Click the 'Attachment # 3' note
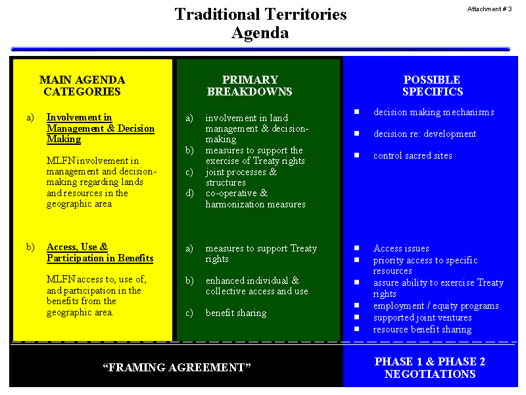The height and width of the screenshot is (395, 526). tap(489, 9)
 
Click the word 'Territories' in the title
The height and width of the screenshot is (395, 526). tap(306, 14)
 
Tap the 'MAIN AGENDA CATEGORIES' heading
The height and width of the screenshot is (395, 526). tap(82, 86)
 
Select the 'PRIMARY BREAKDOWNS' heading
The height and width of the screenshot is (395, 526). tap(250, 86)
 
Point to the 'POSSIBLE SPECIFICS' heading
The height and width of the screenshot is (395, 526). tap(433, 86)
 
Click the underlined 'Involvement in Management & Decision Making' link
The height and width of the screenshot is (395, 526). tap(101, 128)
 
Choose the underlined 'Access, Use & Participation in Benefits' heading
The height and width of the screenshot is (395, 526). tap(100, 253)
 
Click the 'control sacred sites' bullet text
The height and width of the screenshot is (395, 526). tap(413, 155)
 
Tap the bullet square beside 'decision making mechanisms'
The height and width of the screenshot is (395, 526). tap(356, 111)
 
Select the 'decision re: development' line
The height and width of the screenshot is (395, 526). tap(425, 134)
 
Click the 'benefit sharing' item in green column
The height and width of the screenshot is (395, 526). tap(236, 313)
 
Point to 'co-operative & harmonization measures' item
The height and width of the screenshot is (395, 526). tap(255, 199)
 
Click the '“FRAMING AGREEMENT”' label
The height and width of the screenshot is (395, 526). tap(177, 367)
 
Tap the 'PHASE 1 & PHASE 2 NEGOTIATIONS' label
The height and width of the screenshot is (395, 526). tap(430, 367)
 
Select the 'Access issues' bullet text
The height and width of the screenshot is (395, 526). tap(401, 249)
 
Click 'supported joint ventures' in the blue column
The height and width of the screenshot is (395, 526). tap(422, 318)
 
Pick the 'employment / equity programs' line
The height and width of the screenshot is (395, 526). tap(436, 306)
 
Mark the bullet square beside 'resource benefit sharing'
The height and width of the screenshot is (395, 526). tap(356, 329)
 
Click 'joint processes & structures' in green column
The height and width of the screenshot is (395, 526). tap(241, 177)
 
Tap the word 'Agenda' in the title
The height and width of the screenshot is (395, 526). tap(260, 33)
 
